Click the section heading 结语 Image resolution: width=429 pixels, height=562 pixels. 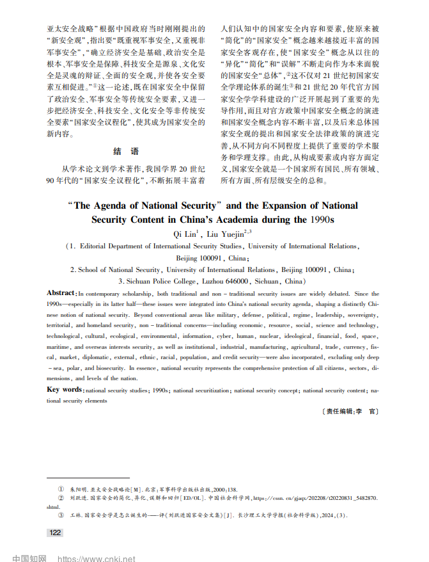click(x=125, y=152)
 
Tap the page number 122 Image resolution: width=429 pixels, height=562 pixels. click(x=56, y=533)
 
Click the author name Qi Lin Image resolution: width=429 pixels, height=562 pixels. click(x=187, y=234)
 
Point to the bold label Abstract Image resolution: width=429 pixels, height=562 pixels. click(x=61, y=293)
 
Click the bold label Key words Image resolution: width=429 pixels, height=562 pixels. click(x=65, y=390)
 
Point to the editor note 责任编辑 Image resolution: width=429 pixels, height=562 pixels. click(x=338, y=412)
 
